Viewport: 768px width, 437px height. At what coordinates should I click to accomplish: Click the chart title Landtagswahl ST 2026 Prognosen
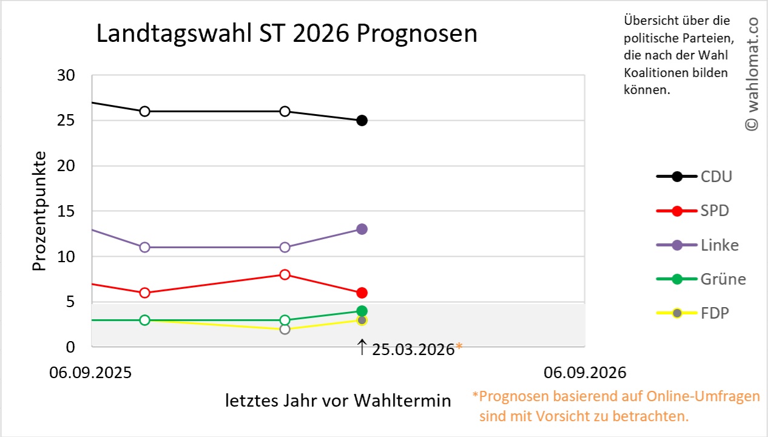287,34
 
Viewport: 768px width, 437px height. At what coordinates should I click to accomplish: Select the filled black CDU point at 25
362,120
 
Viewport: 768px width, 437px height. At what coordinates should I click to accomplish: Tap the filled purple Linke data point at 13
362,229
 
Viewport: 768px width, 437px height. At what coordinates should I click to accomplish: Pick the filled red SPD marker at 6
362,293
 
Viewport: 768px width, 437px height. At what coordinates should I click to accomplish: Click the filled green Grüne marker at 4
362,311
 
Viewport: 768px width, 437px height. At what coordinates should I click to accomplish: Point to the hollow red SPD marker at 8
285,274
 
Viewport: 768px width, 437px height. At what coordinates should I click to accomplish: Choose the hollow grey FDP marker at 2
285,329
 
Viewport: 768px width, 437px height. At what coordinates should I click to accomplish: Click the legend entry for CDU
715,177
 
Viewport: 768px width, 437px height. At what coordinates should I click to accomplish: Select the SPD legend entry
714,211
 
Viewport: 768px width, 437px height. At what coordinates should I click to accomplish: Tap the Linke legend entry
719,245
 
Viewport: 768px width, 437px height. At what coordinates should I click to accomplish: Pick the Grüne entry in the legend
723,279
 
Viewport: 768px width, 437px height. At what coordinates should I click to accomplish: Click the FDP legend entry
714,313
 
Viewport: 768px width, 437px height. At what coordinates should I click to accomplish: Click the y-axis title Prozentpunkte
39,211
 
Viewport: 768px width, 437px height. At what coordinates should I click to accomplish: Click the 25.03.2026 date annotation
413,350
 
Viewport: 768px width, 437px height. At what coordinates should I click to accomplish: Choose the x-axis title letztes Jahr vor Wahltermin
339,401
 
